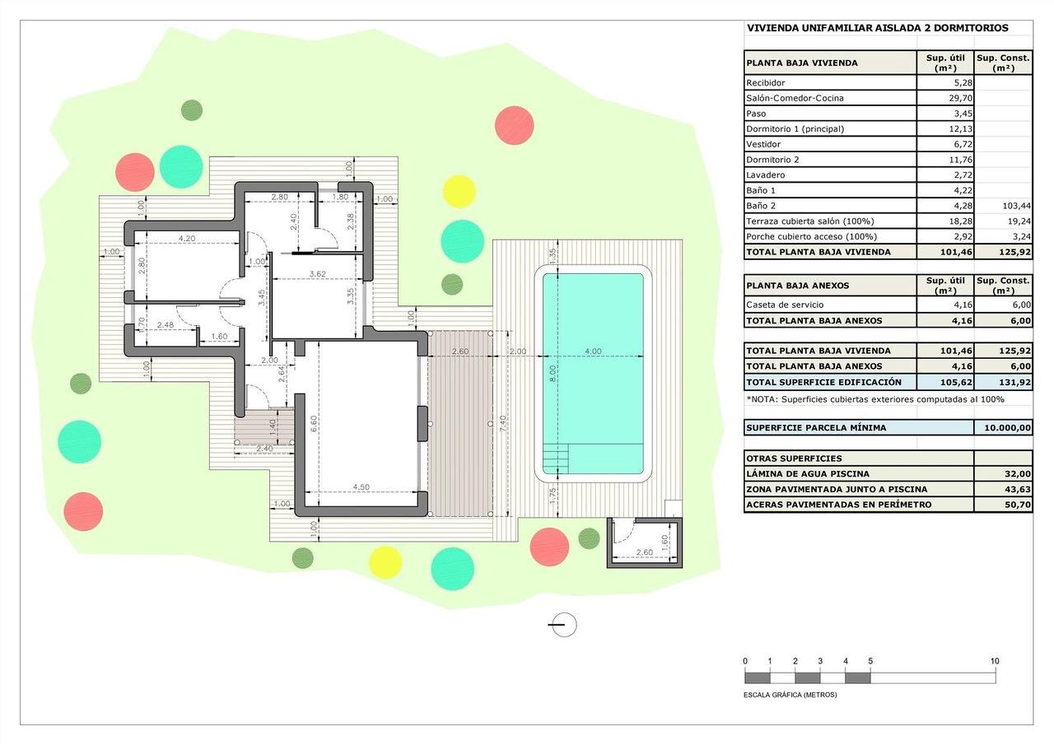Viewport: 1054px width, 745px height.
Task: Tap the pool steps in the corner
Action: (x=556, y=459)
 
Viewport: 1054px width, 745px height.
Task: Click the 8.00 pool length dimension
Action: (x=553, y=373)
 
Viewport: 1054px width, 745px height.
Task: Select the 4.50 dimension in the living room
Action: (x=361, y=487)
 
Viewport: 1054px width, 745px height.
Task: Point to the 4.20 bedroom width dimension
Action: (x=187, y=239)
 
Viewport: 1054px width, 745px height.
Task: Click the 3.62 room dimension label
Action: (x=318, y=274)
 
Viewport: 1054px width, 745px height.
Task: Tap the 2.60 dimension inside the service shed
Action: (x=644, y=552)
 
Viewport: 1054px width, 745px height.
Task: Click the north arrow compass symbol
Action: (x=563, y=625)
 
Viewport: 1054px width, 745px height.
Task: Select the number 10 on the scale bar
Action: (x=994, y=661)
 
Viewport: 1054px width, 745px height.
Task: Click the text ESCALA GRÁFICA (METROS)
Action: (x=790, y=695)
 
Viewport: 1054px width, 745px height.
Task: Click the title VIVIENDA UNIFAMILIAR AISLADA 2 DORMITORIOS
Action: (x=878, y=28)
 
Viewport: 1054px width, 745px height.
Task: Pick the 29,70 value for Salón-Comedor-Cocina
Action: (x=960, y=98)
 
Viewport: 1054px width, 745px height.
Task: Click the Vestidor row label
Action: (x=763, y=144)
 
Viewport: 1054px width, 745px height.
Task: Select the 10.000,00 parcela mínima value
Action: (x=1007, y=428)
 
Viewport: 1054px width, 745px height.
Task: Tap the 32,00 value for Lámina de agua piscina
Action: (x=1017, y=474)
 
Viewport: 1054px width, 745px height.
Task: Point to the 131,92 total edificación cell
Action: (x=1015, y=382)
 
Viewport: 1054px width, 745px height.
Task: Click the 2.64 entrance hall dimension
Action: (x=282, y=374)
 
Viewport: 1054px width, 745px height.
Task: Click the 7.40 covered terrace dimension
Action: (x=503, y=424)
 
